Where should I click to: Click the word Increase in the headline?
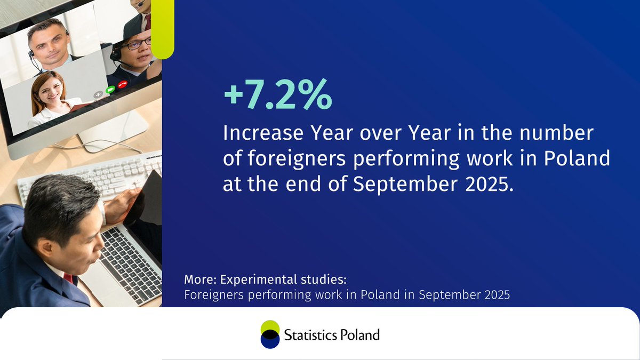[261, 133]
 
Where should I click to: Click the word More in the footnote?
[198, 279]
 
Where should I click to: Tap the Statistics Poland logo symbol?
[270, 334]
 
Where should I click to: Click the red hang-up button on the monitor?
[122, 84]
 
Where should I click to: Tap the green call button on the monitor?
[110, 89]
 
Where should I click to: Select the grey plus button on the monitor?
[98, 94]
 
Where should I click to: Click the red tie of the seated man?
[68, 278]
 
